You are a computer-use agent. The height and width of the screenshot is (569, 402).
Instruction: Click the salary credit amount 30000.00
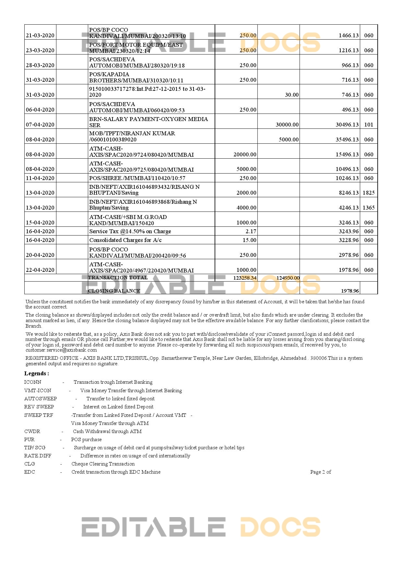[287, 125]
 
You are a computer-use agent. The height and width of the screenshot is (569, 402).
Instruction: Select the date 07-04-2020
[40, 125]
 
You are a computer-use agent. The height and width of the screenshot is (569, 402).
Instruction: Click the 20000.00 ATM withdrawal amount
[245, 154]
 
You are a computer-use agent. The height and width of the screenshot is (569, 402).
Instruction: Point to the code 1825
[369, 193]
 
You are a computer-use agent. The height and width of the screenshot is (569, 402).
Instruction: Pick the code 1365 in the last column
[369, 208]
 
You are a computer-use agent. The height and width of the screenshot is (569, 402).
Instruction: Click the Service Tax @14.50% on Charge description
[130, 231]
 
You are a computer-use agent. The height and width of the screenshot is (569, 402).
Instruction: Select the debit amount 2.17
[251, 231]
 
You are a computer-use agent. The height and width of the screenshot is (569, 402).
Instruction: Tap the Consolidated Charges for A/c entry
[125, 240]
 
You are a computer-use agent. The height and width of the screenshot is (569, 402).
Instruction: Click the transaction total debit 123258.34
[245, 278]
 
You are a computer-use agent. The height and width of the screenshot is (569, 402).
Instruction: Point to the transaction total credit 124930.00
[288, 278]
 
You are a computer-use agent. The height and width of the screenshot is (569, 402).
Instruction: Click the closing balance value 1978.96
[350, 291]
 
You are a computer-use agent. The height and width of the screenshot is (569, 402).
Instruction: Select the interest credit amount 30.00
[292, 95]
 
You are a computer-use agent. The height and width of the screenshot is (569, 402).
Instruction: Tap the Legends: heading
[37, 373]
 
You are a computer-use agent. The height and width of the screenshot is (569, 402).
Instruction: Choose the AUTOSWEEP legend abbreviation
[41, 399]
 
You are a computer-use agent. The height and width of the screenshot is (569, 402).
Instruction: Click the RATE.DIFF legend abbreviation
[38, 456]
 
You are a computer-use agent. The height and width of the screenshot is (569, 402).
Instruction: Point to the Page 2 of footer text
[320, 472]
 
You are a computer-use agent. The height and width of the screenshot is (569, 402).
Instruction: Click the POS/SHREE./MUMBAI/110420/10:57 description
[137, 178]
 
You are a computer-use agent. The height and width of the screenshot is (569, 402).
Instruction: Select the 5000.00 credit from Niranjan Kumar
[289, 139]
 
